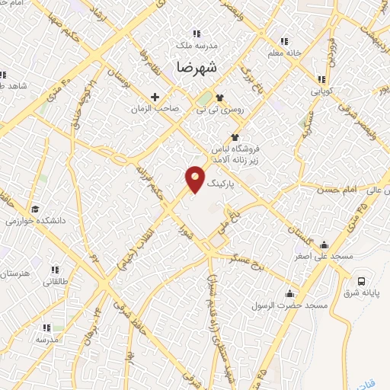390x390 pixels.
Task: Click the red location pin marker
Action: (x=196, y=179)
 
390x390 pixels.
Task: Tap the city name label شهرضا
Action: (x=197, y=67)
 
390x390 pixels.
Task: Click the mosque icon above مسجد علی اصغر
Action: (x=325, y=245)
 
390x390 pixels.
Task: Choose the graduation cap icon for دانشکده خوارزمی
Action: (x=34, y=209)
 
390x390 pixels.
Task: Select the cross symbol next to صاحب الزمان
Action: (x=155, y=97)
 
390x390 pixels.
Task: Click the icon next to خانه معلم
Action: (x=284, y=40)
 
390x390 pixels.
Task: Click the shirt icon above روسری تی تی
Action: (x=220, y=97)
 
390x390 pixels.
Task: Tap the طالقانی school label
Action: (x=55, y=282)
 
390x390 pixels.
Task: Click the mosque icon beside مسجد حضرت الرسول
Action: (x=290, y=293)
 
